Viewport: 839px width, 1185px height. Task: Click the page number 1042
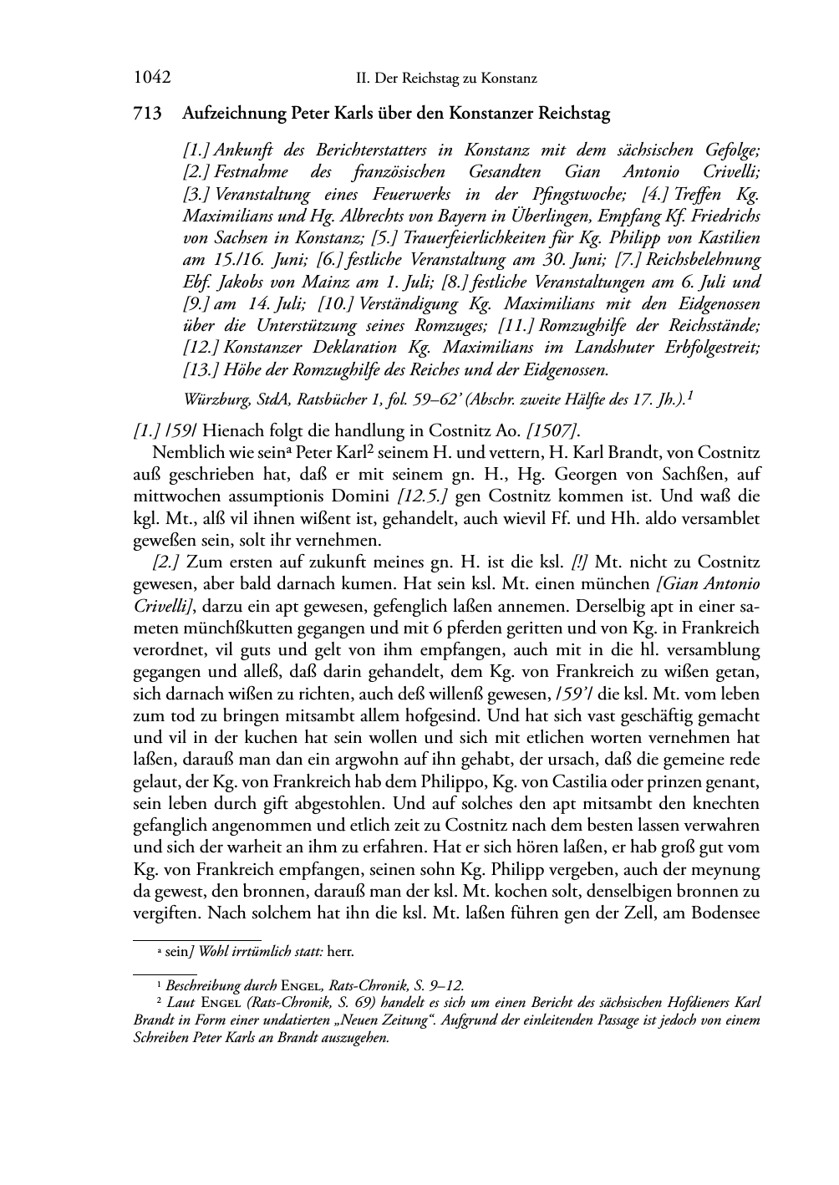152,78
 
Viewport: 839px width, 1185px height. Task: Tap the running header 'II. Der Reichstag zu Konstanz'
446,79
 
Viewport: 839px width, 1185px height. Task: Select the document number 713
147,114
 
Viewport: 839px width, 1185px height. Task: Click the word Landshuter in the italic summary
605,346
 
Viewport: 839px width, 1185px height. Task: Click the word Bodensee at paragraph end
724,913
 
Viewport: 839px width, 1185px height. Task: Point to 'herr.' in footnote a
341,951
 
